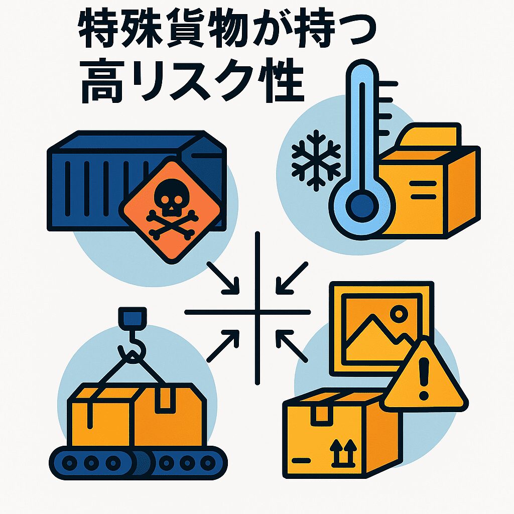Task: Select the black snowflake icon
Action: pos(316,160)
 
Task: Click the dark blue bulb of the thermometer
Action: pos(362,206)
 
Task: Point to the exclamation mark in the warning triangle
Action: pos(424,378)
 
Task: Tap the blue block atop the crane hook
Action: pos(133,318)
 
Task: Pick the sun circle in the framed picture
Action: pos(399,314)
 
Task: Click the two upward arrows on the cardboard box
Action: pos(343,453)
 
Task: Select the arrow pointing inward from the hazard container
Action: pos(223,277)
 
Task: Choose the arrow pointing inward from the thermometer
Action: pos(292,277)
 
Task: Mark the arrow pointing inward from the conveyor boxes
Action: pos(223,346)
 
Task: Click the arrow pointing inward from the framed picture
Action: pos(292,346)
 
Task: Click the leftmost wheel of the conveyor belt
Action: pos(69,463)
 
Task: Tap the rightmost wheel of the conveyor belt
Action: pos(208,463)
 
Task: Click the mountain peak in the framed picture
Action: pos(372,316)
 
